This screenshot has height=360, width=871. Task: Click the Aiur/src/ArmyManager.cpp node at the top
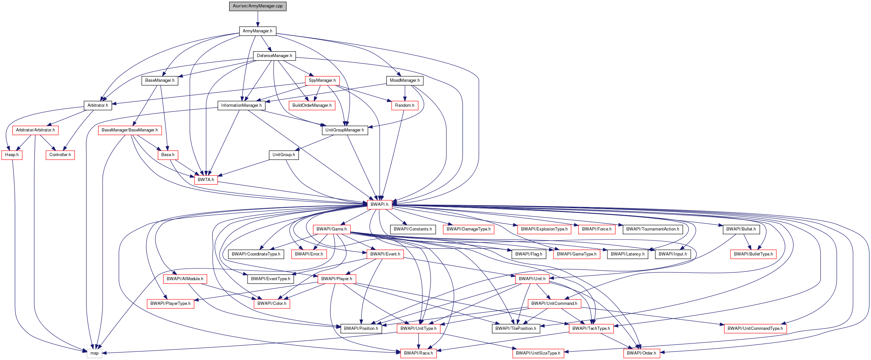[x=258, y=6]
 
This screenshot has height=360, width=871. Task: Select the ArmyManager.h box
[x=257, y=31]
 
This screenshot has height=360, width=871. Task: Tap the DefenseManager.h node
[x=274, y=56]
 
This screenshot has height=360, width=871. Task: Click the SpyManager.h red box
[x=322, y=80]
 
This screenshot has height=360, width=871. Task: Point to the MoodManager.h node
[x=404, y=80]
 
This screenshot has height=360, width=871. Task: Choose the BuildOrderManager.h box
[x=312, y=105]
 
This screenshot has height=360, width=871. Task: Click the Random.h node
[x=404, y=105]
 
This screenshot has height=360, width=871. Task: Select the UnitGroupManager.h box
[x=344, y=130]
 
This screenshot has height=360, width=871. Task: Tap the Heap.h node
[x=12, y=155]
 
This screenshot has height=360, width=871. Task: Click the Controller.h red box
[x=60, y=155]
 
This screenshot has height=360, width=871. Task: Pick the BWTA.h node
[x=206, y=180]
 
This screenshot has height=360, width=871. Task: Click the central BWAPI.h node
[x=379, y=205]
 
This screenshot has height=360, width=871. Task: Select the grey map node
[x=94, y=353]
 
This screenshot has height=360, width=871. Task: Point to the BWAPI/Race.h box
[x=418, y=353]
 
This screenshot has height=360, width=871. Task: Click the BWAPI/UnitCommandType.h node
[x=755, y=329]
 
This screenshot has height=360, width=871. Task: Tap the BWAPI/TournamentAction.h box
[x=652, y=229]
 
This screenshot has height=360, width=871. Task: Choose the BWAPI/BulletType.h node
[x=753, y=254]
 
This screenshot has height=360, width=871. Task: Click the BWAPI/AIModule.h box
[x=185, y=279]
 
